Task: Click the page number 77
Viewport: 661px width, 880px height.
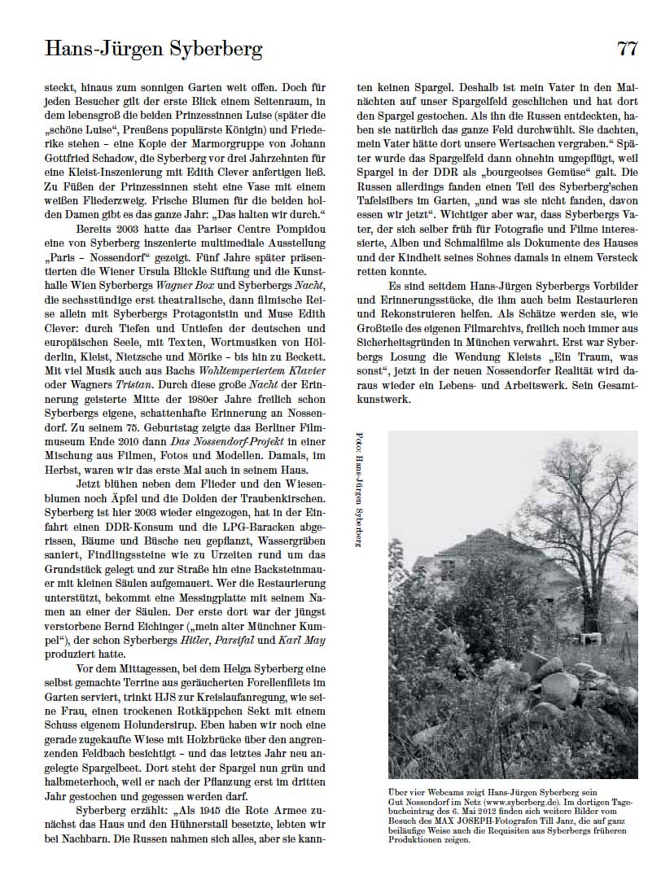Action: pyautogui.click(x=627, y=48)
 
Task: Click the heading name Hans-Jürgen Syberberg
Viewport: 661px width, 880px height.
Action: pyautogui.click(x=154, y=50)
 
